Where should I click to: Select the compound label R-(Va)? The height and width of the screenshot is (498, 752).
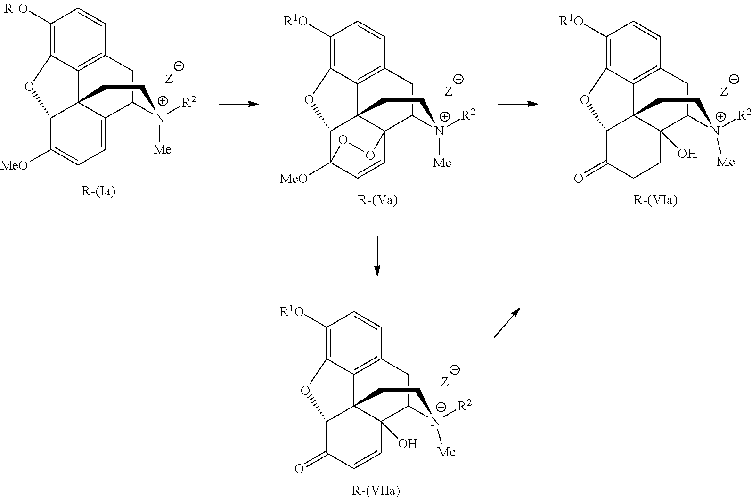377,200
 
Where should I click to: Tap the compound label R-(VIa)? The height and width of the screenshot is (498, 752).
655,200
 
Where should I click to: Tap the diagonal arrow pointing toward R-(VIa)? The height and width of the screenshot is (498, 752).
507,322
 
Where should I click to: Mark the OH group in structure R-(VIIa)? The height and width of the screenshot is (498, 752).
408,443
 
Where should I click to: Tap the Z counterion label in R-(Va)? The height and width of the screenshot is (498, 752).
448,90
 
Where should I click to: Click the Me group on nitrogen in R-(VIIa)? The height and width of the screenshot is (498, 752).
446,452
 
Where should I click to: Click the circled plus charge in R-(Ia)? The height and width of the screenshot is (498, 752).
162,100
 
